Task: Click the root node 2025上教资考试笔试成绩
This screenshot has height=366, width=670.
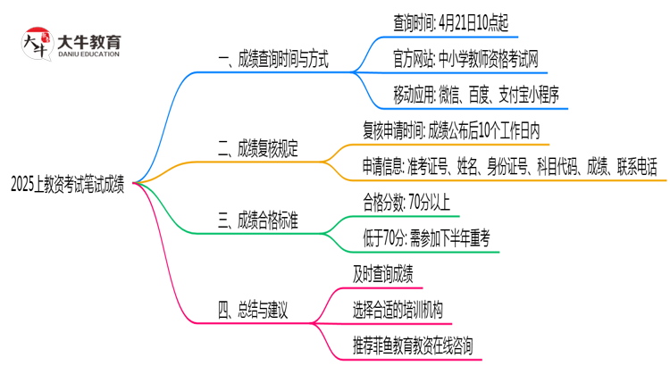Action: click(x=67, y=186)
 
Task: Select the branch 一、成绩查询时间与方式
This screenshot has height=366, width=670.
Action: click(x=273, y=61)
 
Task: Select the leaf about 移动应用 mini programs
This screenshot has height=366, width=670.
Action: click(x=476, y=95)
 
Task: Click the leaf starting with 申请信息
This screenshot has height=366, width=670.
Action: click(x=509, y=166)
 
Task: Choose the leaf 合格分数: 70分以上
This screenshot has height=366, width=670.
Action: click(x=410, y=202)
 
